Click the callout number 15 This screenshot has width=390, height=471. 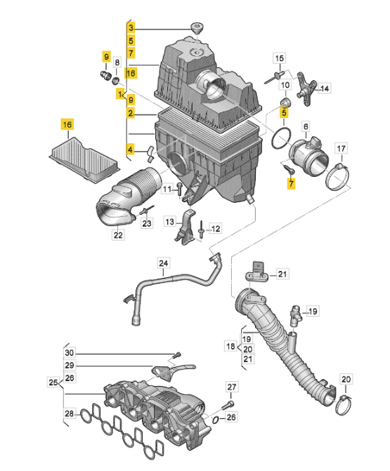[279, 58]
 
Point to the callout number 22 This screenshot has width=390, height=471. [117, 236]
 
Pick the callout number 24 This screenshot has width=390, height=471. [163, 265]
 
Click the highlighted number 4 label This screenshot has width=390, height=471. [131, 149]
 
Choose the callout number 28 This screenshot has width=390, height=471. [68, 414]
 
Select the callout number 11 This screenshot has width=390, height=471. [167, 189]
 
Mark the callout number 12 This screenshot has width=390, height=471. [215, 228]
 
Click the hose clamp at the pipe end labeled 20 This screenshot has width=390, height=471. [344, 403]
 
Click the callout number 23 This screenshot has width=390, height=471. [147, 224]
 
